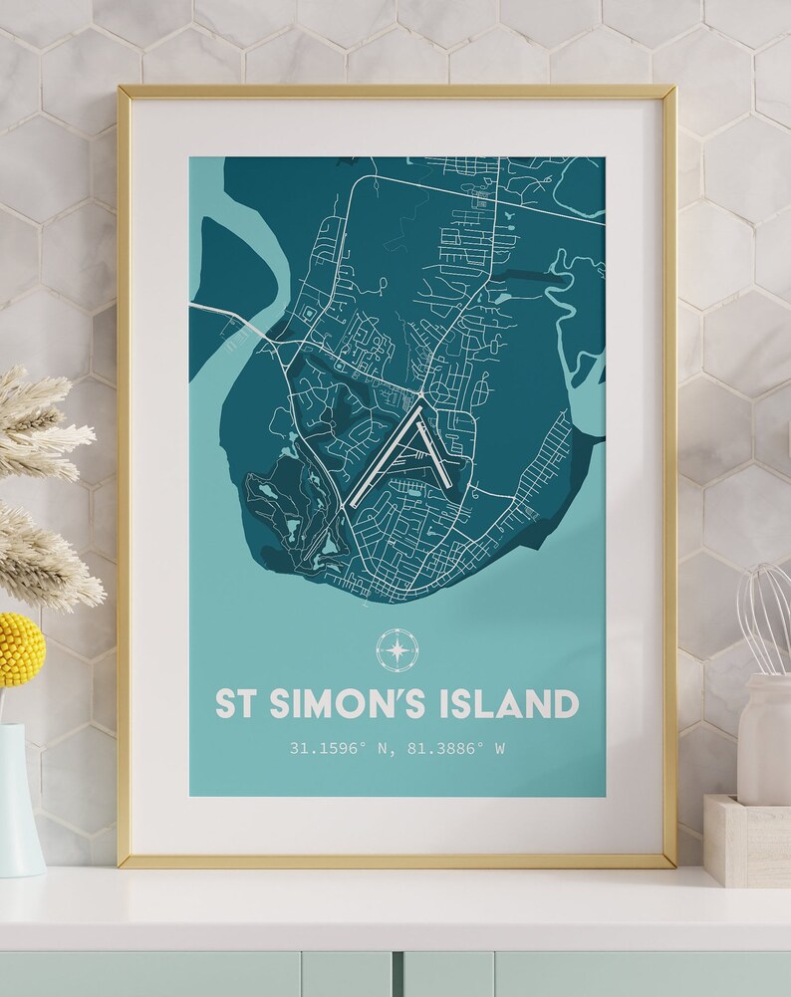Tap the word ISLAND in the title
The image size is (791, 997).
pyautogui.click(x=508, y=703)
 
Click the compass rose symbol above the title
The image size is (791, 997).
pyautogui.click(x=396, y=649)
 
